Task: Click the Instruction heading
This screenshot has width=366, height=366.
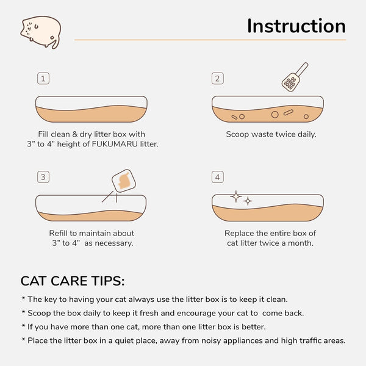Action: [x=296, y=26]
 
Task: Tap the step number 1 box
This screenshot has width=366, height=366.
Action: [x=43, y=78]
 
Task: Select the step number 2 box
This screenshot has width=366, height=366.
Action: [x=217, y=78]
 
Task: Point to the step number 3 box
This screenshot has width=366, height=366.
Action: [x=43, y=177]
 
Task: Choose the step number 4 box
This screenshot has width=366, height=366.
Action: [x=217, y=177]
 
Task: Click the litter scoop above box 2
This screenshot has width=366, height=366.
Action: [x=293, y=77]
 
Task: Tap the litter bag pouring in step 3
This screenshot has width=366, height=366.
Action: [x=123, y=181]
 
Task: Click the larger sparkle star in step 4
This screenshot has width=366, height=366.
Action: [x=235, y=196]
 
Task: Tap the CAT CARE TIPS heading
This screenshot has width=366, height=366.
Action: [x=73, y=281]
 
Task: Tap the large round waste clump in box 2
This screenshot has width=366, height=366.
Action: [x=274, y=113]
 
